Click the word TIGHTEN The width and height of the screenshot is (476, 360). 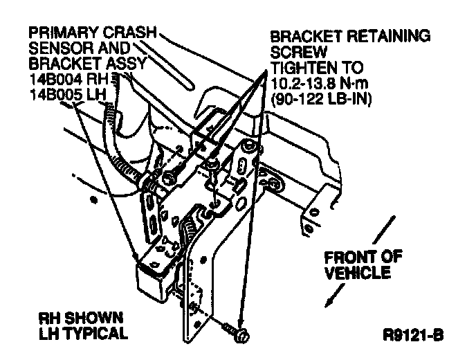(302, 68)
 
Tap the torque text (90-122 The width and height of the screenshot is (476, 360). (296, 98)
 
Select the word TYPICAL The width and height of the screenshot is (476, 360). (100, 334)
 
